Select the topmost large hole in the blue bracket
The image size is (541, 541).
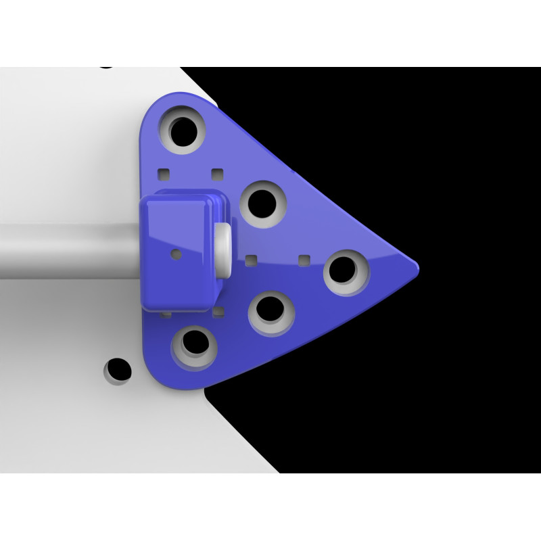(183, 128)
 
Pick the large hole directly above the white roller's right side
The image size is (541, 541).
(262, 202)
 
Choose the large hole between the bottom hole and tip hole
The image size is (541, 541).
(270, 311)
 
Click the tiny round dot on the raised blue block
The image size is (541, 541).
(177, 254)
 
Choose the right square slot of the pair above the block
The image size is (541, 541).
(216, 174)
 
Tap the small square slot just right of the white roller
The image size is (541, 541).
(252, 259)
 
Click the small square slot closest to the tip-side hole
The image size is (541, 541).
(304, 260)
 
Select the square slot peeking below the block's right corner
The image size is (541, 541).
(218, 312)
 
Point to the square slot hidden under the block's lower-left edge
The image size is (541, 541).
(166, 314)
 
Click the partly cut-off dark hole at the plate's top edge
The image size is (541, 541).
(107, 66)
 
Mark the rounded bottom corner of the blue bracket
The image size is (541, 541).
(162, 379)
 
